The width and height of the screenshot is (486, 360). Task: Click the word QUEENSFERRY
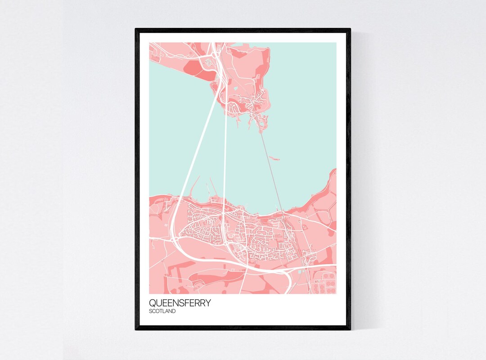pos(180,303)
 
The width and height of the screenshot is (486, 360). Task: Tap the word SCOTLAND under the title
pos(162,311)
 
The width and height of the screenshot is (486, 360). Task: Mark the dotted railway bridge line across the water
pos(270,162)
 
